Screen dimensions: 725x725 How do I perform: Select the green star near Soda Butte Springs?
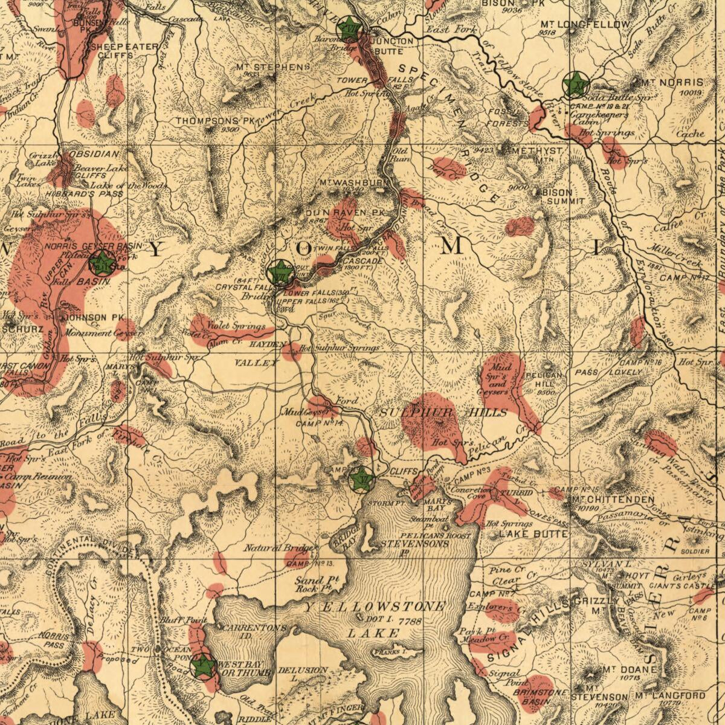(575, 84)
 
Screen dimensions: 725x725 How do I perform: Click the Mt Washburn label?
(355, 182)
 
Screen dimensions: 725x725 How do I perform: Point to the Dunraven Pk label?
(344, 213)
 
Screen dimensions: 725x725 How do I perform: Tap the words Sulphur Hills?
(443, 412)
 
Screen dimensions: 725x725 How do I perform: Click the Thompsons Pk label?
(215, 121)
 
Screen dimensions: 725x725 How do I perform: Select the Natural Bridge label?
(279, 549)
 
